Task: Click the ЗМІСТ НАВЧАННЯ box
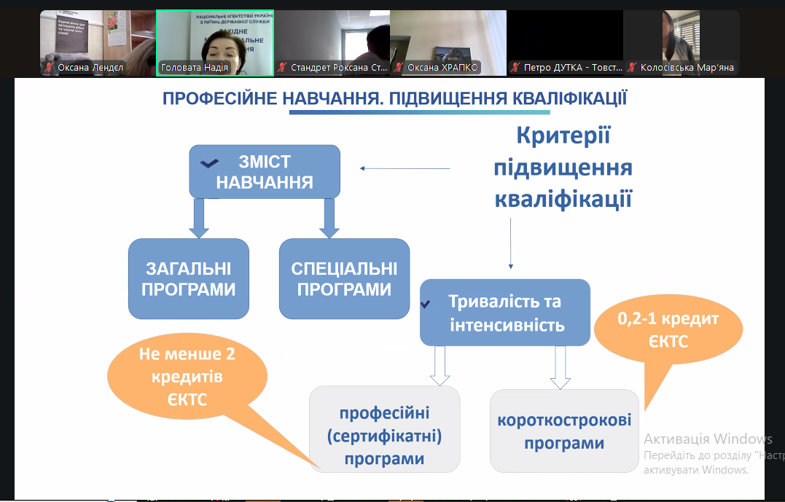pyautogui.click(x=265, y=172)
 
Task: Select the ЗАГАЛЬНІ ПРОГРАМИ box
pyautogui.click(x=189, y=279)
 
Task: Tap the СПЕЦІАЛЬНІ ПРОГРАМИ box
pyautogui.click(x=344, y=279)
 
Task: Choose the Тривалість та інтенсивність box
pyautogui.click(x=505, y=313)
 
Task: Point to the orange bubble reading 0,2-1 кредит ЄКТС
pyautogui.click(x=668, y=332)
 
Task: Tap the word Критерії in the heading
pyautogui.click(x=563, y=136)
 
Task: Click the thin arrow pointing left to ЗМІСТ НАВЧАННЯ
pyautogui.click(x=405, y=169)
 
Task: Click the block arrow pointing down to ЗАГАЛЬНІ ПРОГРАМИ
pyautogui.click(x=198, y=218)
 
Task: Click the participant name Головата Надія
pyautogui.click(x=194, y=68)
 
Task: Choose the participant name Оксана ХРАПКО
pyautogui.click(x=442, y=68)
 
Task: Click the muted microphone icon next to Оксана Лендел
pyautogui.click(x=49, y=68)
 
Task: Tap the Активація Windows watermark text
pyautogui.click(x=708, y=439)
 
